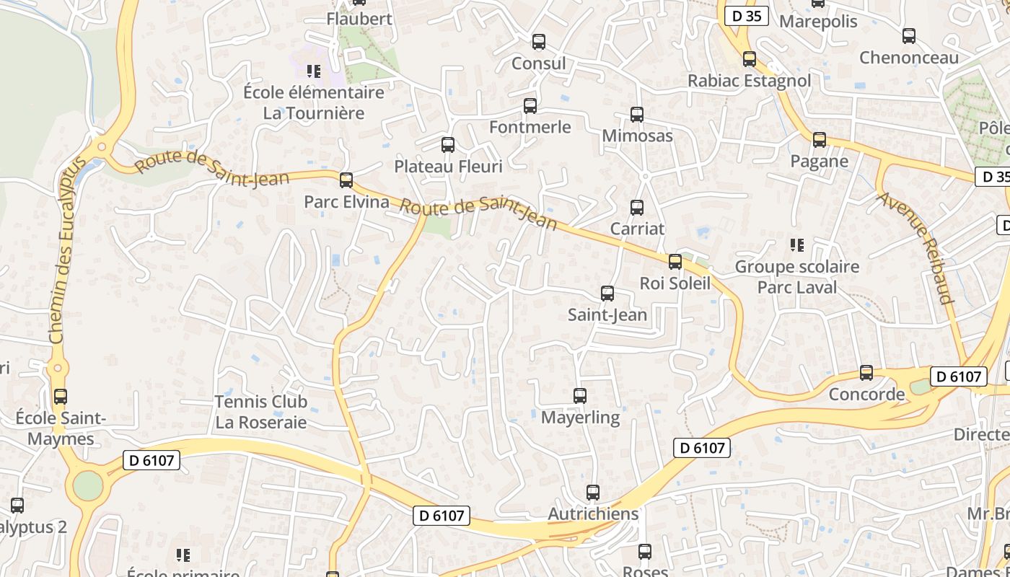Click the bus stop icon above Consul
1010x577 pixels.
point(539,42)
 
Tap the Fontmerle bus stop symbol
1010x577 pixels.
point(530,106)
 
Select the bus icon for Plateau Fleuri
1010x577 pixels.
point(448,145)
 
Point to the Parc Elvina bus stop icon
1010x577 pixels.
point(346,180)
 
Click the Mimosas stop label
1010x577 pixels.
point(637,136)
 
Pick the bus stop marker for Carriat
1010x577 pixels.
point(637,208)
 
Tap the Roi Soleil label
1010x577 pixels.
point(675,283)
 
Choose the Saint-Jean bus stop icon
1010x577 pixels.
point(607,294)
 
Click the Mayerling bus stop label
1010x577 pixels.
point(580,418)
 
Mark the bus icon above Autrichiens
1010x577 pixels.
point(593,493)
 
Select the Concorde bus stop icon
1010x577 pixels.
point(866,373)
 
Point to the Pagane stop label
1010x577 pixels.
point(819,161)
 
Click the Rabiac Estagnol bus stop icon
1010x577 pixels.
point(750,59)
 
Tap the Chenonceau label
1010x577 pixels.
point(908,58)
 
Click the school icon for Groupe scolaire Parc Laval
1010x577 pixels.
point(797,245)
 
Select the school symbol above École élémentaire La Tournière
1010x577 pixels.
point(313,71)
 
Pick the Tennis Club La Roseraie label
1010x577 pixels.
point(261,412)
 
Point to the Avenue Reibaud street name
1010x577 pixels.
point(915,247)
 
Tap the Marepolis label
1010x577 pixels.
point(818,21)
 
